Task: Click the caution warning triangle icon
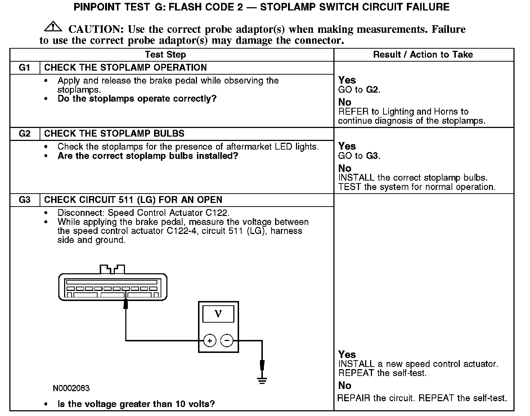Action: click(x=52, y=27)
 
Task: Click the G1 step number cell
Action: click(x=24, y=68)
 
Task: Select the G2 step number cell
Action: click(x=24, y=134)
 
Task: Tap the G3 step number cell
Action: click(x=24, y=200)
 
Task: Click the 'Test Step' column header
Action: click(x=165, y=55)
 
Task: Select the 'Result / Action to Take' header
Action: click(x=423, y=55)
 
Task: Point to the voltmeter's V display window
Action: click(x=218, y=314)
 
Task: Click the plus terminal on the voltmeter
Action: click(x=210, y=341)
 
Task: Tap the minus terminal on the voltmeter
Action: click(x=226, y=341)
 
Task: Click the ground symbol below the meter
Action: click(x=262, y=380)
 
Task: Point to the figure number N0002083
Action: click(x=71, y=388)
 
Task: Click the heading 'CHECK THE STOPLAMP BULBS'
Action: click(x=114, y=134)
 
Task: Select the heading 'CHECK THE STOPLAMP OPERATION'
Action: click(x=125, y=68)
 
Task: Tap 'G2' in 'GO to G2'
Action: click(x=372, y=90)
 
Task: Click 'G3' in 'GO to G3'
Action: click(x=372, y=156)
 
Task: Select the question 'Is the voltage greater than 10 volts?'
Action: click(x=136, y=404)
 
